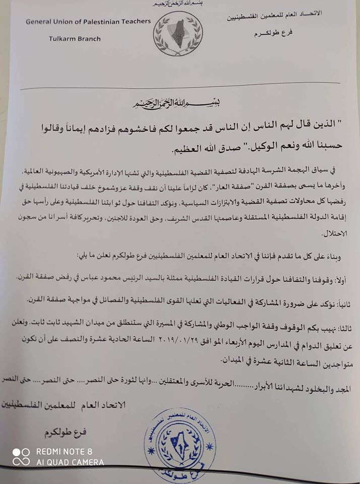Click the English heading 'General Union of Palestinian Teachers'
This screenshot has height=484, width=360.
pyautogui.click(x=88, y=22)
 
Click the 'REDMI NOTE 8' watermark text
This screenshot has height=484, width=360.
pyautogui.click(x=64, y=452)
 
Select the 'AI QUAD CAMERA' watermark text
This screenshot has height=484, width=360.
pyautogui.click(x=70, y=462)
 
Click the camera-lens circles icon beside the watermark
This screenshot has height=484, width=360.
pyautogui.click(x=22, y=457)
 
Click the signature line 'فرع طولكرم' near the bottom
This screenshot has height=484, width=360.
pyautogui.click(x=67, y=433)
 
